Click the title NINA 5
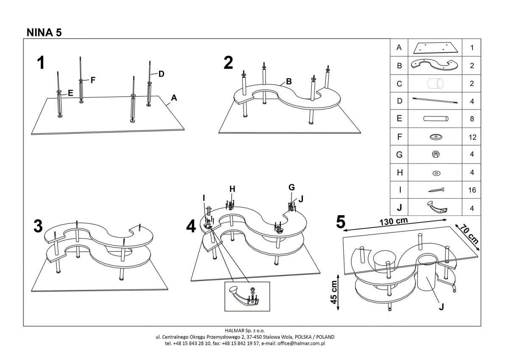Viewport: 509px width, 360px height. pos(44,32)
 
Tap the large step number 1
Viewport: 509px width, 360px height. pos(41,63)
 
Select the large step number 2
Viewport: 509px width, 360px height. pos(228,63)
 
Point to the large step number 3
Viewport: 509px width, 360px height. pos(38,226)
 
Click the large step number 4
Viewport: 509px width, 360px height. pos(191,227)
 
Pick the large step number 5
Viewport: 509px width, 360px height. pos(341,222)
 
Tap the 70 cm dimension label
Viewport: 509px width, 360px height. pos(469,234)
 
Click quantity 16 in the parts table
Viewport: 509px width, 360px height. pos(472,190)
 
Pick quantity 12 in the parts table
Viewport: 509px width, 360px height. pos(472,137)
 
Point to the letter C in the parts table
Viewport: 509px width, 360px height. pos(399,84)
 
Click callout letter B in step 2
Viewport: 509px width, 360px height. pos(288,81)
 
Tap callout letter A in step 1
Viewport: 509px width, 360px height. pos(173,98)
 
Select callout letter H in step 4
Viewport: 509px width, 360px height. pos(232,188)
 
